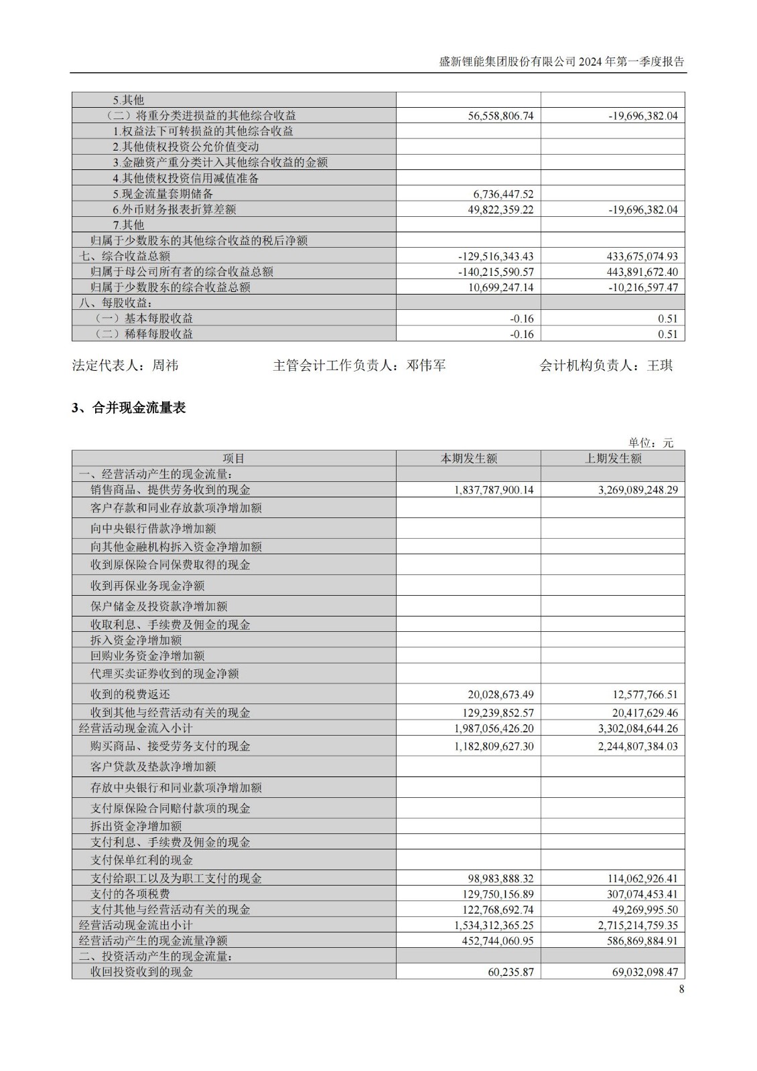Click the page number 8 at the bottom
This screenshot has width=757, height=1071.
pos(681,989)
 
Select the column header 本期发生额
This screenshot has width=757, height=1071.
pos(468,459)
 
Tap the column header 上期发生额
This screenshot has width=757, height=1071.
pos(613,459)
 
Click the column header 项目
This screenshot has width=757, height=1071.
pos(234,459)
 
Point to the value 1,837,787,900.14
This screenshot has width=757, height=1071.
pos(494,490)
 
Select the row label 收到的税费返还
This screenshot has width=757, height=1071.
pos(131,695)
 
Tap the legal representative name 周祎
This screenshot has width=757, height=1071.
pos(165,365)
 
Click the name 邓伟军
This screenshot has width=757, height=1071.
pos(426,365)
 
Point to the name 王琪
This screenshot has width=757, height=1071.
pos(660,365)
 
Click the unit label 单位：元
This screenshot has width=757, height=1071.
pos(650,442)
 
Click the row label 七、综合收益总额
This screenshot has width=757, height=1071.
pos(125,256)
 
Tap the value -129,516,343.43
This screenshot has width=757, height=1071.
pos(496,256)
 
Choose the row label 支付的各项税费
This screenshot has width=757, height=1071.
pos(131,894)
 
